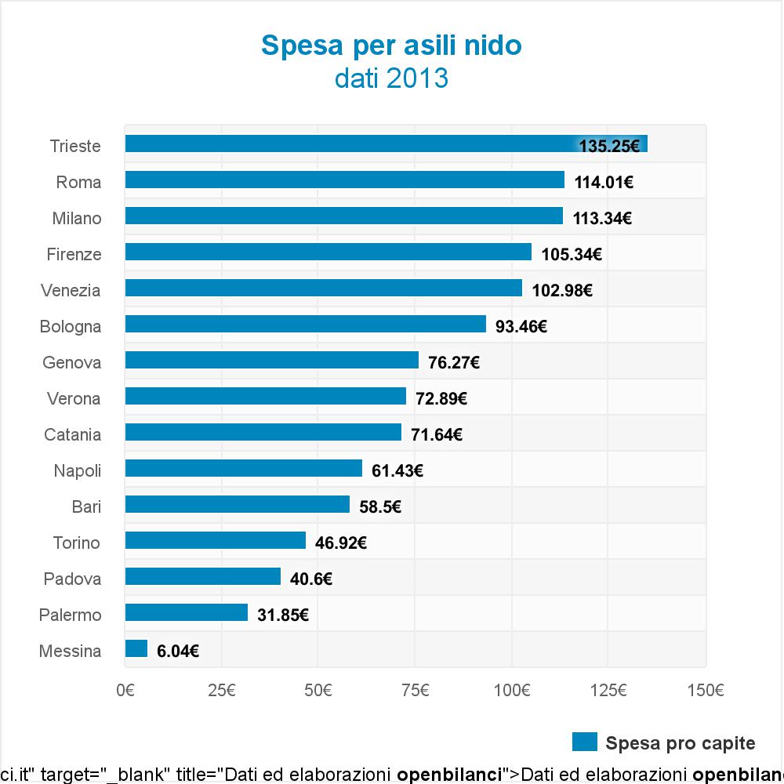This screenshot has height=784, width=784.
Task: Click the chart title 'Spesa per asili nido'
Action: coord(391,45)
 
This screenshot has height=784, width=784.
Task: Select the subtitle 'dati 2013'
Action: coord(391,78)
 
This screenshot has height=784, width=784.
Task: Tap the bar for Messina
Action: coord(136,648)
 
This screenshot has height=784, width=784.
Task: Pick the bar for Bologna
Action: coord(306,324)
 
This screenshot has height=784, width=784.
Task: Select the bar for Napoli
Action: coord(244,468)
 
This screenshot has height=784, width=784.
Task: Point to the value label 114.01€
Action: coord(604,183)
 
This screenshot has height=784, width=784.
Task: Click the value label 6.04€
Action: coord(177,652)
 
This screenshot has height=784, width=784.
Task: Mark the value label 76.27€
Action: coord(453,363)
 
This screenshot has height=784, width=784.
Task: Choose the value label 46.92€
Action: coord(340,543)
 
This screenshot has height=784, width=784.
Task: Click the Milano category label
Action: coord(77,219)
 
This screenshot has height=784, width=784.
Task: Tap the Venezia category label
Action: coord(71,291)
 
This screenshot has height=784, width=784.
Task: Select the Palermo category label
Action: coord(70,615)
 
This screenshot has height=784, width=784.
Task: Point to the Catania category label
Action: coord(72,435)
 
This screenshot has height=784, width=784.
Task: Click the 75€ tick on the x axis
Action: coord(416,691)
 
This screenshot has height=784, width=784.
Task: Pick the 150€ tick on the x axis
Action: coord(706,691)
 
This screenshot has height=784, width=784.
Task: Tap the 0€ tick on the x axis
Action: coord(125,691)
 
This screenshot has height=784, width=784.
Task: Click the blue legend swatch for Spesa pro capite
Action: coord(585,742)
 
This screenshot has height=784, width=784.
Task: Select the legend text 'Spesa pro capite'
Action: coord(681,743)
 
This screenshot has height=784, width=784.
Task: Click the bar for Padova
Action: coord(203,576)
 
